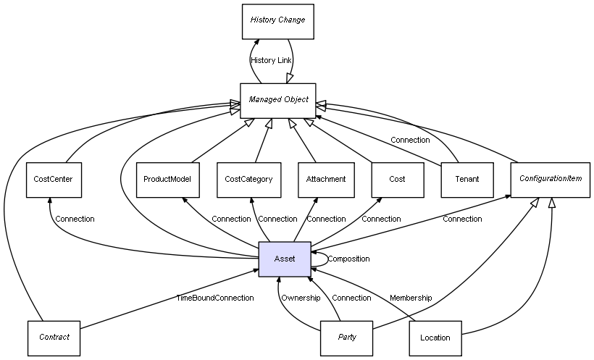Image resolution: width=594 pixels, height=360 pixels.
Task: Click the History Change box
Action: pos(277,20)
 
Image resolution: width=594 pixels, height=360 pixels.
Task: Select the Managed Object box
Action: pos(278,100)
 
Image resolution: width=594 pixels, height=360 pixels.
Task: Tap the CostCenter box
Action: pos(54,179)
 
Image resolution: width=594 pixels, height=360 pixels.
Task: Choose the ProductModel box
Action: pos(167,179)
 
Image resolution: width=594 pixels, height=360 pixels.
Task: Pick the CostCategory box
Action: pos(248,179)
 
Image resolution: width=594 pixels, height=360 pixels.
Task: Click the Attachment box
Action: pos(326,179)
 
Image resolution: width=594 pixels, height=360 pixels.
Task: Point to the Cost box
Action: pos(397,179)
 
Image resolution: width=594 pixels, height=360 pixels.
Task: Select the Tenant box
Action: pos(467,179)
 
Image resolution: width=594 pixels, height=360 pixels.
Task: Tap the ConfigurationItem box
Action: pos(551,178)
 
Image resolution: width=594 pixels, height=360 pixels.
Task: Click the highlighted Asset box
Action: pos(285,259)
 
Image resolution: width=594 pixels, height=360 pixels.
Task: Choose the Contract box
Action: pos(54,338)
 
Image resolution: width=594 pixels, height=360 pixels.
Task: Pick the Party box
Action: pos(347,338)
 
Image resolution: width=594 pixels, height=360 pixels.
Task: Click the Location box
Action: pos(435,338)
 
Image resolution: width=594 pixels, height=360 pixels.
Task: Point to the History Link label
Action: pos(271,60)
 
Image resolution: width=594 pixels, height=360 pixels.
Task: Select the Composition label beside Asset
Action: pos(348,259)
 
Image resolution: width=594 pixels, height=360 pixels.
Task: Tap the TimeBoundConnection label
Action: pos(215,298)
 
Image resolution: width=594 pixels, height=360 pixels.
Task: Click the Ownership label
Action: pos(301,298)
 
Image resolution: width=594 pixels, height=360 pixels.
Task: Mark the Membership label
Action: pos(411,298)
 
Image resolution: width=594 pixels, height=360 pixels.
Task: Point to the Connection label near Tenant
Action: pos(410,140)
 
